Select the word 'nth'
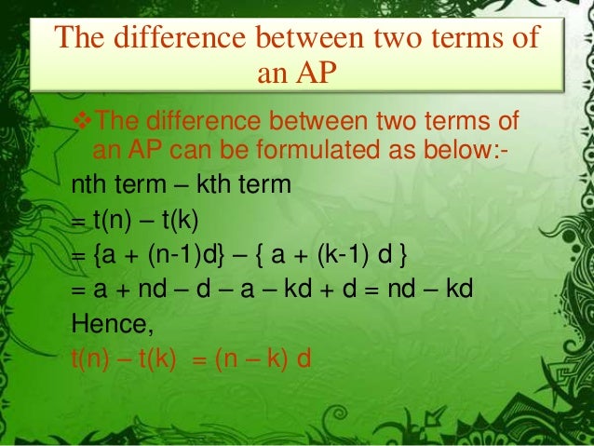(90, 184)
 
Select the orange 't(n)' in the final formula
(91, 358)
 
